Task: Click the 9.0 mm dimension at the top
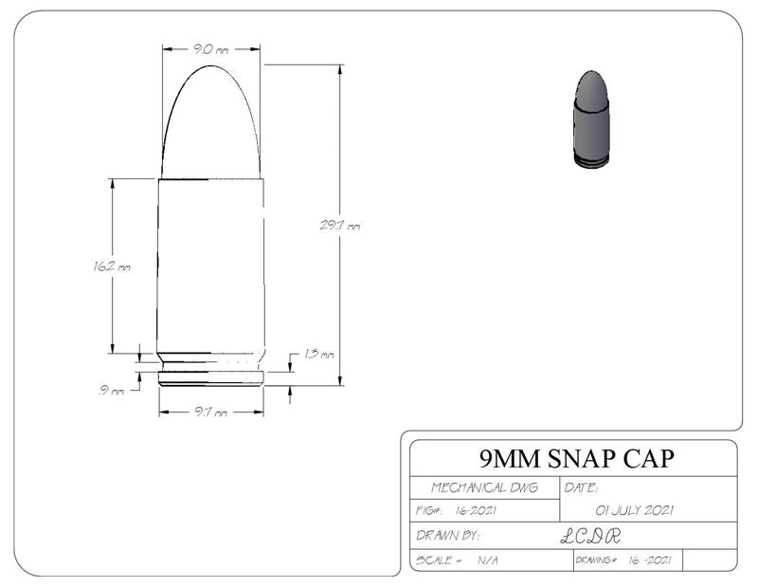[x=209, y=49]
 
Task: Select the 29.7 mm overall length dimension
[x=339, y=226]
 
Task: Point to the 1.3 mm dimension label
[x=319, y=355]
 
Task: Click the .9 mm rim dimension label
[x=112, y=391]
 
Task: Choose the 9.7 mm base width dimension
[x=209, y=413]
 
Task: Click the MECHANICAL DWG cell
[x=483, y=487]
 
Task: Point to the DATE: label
[x=580, y=487]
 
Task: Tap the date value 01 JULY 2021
[x=634, y=511]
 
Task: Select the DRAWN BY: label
[x=449, y=536]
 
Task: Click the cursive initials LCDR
[x=589, y=536]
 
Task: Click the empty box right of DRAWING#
[x=709, y=560]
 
